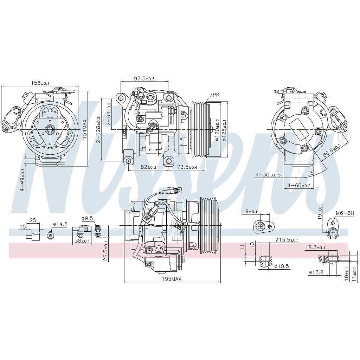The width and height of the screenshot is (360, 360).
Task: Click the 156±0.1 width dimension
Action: tap(40, 83)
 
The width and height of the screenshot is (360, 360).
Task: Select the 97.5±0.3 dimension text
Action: tap(144, 78)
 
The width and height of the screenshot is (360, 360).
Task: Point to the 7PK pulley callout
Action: tap(214, 95)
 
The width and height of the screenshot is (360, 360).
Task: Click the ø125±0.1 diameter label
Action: tap(224, 130)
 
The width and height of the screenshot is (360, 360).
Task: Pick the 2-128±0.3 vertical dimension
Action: tap(98, 130)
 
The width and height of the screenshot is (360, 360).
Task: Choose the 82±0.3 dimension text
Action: tap(148, 167)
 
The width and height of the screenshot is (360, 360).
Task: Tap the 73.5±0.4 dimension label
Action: tap(187, 167)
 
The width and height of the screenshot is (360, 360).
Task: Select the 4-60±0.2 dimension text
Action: tap(299, 185)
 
